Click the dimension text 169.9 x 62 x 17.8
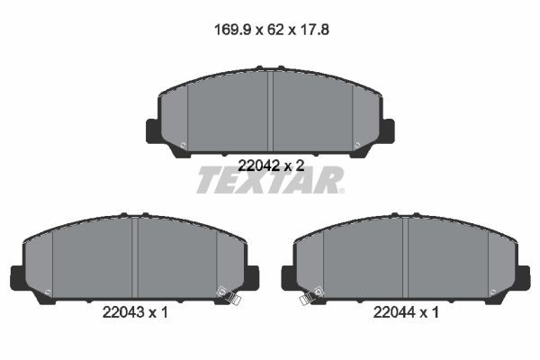pyautogui.click(x=270, y=28)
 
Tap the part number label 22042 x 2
pyautogui.click(x=270, y=165)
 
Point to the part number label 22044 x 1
pyautogui.click(x=405, y=313)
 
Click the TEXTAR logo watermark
pyautogui.click(x=270, y=181)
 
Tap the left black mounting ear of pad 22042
pyautogui.click(x=153, y=131)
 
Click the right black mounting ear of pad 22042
pyautogui.click(x=387, y=131)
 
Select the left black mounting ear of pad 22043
pyautogui.click(x=17, y=278)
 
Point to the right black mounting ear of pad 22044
pyautogui.click(x=523, y=278)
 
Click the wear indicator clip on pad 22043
pyautogui.click(x=232, y=297)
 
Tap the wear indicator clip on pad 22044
pyautogui.click(x=308, y=297)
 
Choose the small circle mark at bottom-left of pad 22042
pyautogui.click(x=183, y=145)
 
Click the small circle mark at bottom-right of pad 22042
pyautogui.click(x=357, y=145)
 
